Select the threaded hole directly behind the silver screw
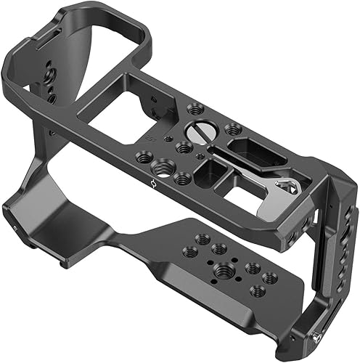pos(194,109)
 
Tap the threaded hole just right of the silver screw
pos(232,129)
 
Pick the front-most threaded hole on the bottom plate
pos(255,290)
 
